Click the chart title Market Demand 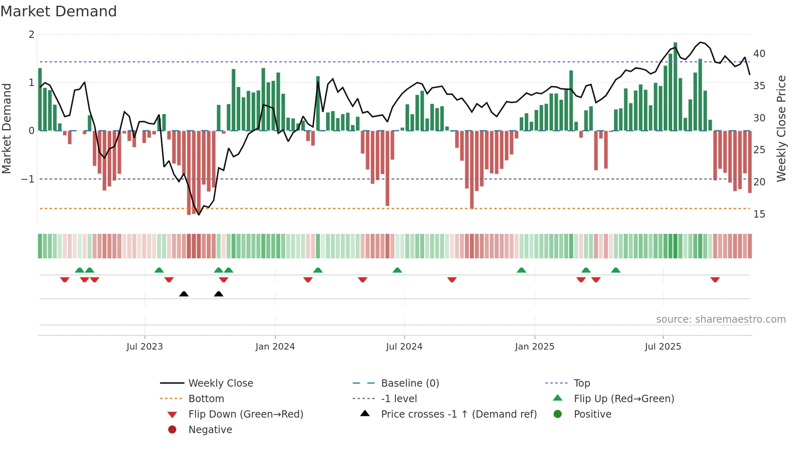click(x=59, y=11)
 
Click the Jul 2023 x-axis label click(x=145, y=347)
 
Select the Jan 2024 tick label click(x=275, y=347)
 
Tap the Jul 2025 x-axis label click(x=663, y=347)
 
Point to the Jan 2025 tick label click(x=534, y=347)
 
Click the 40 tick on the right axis click(x=759, y=54)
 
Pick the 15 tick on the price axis click(x=759, y=214)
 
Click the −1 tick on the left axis click(x=28, y=179)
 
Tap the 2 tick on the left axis click(x=31, y=35)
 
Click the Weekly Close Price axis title click(x=781, y=128)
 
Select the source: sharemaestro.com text click(x=721, y=319)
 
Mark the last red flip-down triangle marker click(x=715, y=280)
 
